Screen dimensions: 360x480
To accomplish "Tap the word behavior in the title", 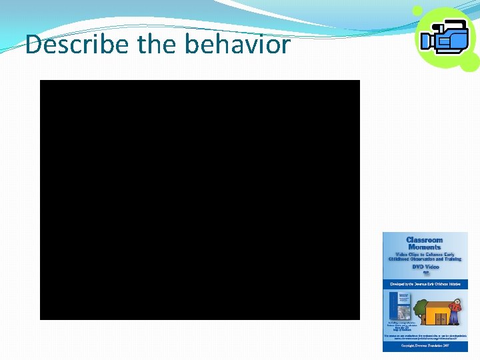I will coord(237,45).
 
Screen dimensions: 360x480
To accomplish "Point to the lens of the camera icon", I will coord(427,41).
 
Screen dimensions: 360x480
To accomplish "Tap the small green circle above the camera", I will coord(417,11).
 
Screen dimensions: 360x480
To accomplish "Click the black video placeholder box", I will coord(200,200).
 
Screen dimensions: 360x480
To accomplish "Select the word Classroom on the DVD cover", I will coord(425,240).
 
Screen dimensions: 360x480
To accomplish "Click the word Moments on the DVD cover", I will coord(425,247).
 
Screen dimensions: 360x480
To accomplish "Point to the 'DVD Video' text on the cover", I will coord(425,267).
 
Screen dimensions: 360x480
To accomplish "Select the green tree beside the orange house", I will coord(419,308).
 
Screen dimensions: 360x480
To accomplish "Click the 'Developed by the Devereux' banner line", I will coord(425,284).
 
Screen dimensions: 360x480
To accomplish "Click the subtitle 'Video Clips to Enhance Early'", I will coord(425,253).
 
